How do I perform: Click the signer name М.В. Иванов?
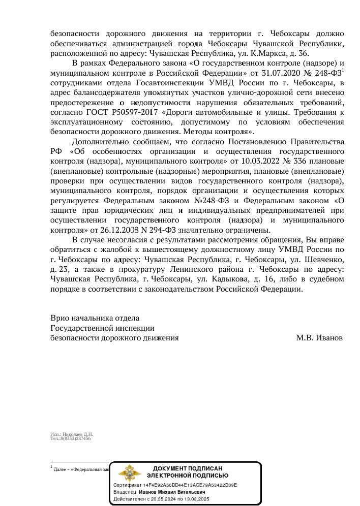click(319, 338)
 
